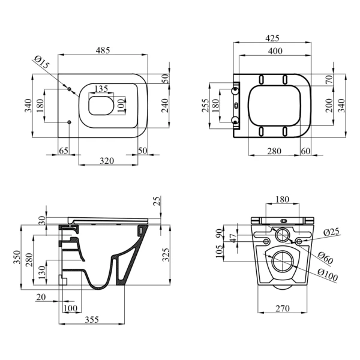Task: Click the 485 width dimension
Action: (x=103, y=50)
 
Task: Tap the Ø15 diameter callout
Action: (x=42, y=62)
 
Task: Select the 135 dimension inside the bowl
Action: (x=101, y=88)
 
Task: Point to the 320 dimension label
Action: (x=107, y=161)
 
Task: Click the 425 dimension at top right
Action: (x=272, y=38)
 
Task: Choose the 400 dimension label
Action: (x=275, y=51)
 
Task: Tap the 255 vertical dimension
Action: (x=206, y=106)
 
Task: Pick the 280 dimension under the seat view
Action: (x=274, y=151)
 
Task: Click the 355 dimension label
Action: (x=92, y=319)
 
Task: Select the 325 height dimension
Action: (x=166, y=254)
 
